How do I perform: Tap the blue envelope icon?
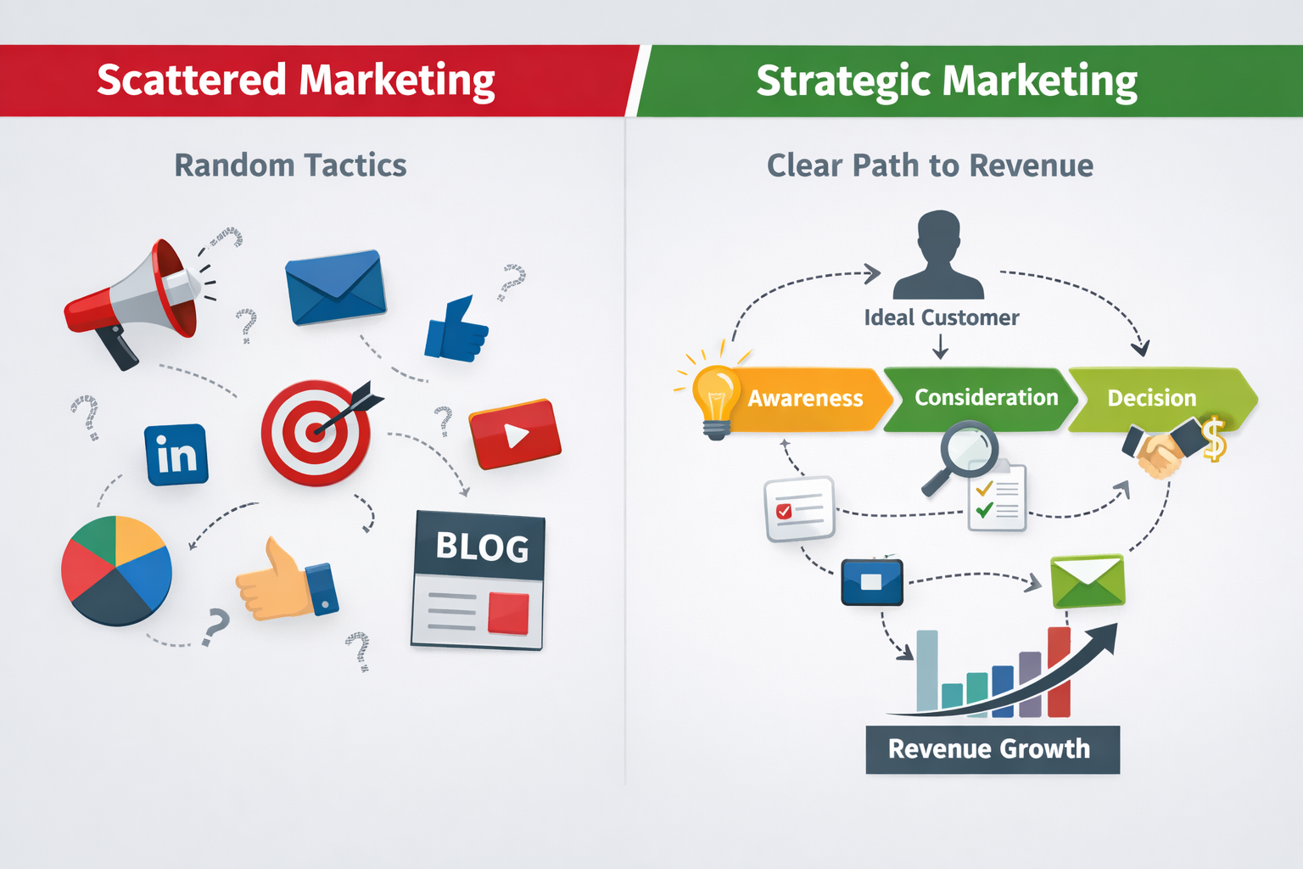(x=336, y=288)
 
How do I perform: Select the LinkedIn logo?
(x=176, y=455)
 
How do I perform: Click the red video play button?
(x=515, y=434)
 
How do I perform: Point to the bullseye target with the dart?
(x=316, y=432)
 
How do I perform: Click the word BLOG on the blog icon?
(x=482, y=547)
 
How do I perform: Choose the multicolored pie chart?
(x=116, y=570)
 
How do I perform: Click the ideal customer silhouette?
(x=938, y=255)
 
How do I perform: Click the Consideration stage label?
(x=986, y=398)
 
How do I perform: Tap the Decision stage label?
(x=1151, y=398)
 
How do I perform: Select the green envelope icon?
(x=1088, y=581)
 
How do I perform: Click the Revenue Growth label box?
(x=992, y=749)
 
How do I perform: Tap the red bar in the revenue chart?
(x=1059, y=672)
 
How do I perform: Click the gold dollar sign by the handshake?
(x=1214, y=439)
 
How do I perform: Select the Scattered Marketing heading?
(x=295, y=81)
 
